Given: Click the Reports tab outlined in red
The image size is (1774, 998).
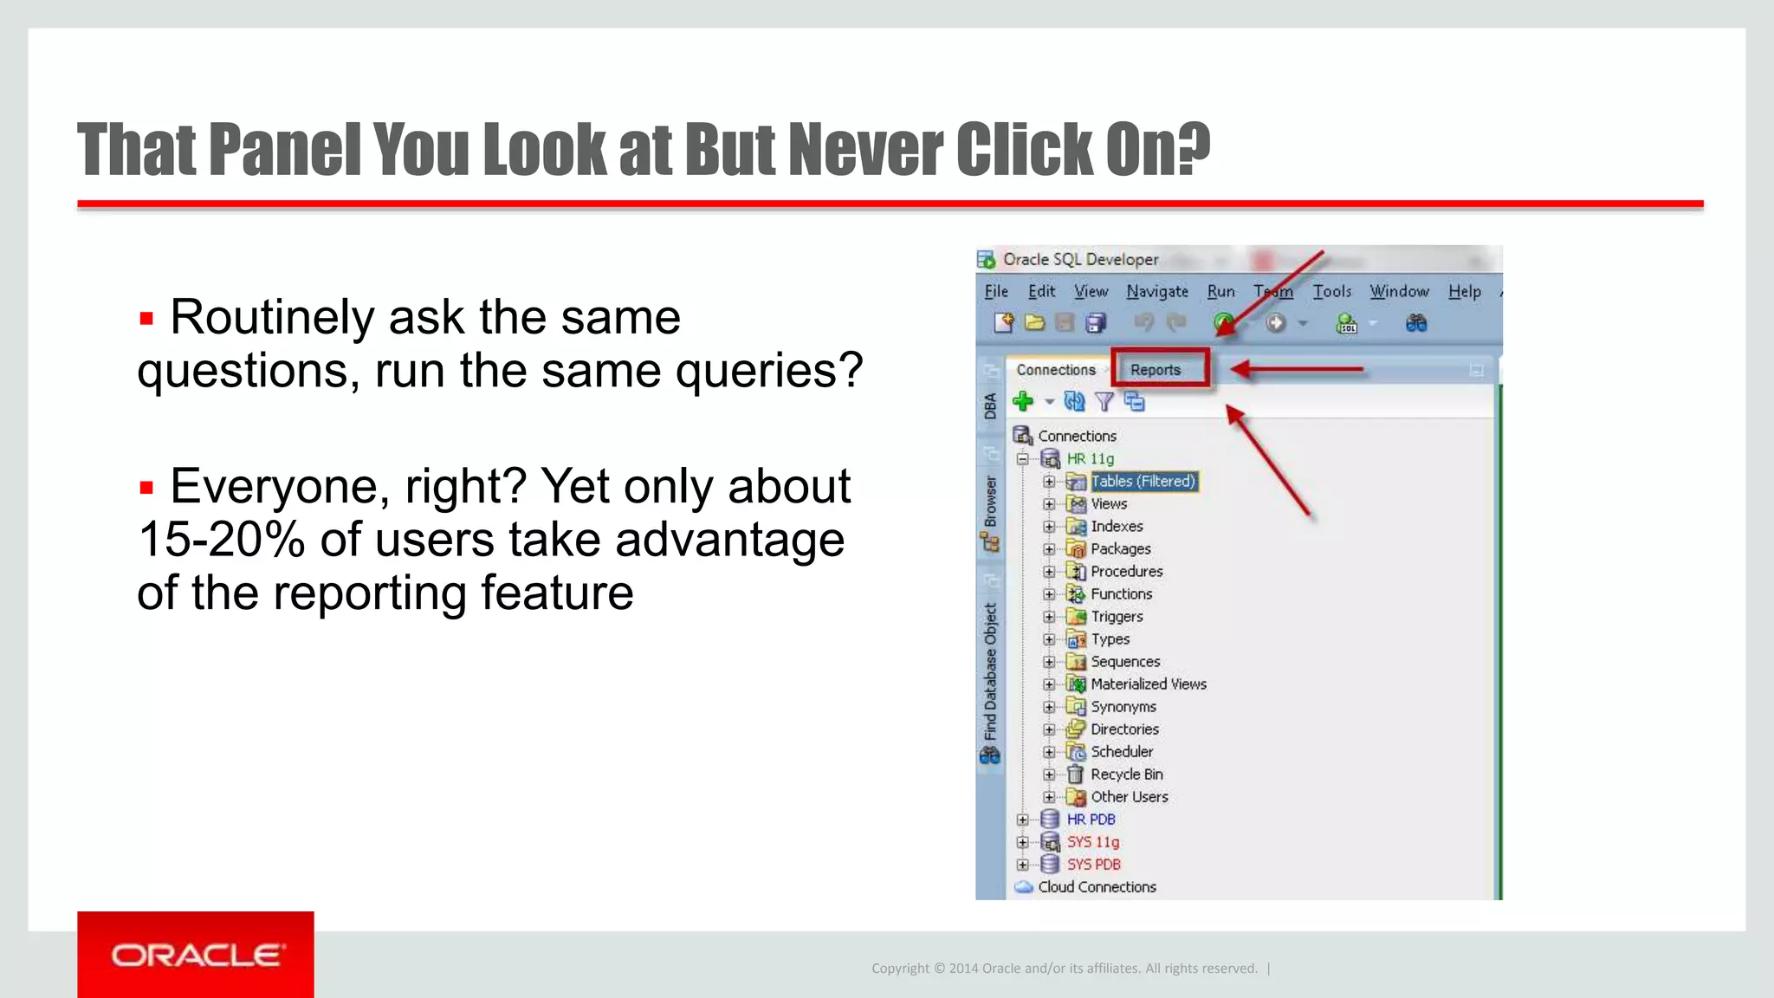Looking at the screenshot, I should tap(1156, 370).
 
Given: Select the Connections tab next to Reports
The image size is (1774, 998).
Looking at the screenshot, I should tap(1055, 370).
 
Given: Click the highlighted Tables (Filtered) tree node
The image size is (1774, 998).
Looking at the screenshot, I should tap(1143, 481).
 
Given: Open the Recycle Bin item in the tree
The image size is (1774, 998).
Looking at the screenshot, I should tap(1126, 774).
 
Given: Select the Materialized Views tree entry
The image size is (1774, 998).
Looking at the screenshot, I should tap(1148, 684).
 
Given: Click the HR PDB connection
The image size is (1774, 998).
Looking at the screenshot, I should tap(1091, 820).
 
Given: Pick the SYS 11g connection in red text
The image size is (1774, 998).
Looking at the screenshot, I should tap(1092, 842).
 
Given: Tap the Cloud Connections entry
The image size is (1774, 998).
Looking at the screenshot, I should tap(1097, 887).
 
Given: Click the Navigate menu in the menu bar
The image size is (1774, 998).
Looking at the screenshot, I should tap(1156, 292).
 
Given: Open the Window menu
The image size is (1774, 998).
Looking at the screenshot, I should tap(1399, 292).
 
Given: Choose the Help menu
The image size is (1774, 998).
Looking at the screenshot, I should tap(1464, 292).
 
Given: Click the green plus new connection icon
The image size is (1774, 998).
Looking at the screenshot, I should tap(1023, 401).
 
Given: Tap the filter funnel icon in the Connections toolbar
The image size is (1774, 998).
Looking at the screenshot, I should tap(1104, 401).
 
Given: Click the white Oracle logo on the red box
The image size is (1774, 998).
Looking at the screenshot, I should tap(197, 956).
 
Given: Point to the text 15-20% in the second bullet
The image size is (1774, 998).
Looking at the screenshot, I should tap(221, 540).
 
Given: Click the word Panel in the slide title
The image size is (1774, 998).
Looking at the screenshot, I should tap(284, 150).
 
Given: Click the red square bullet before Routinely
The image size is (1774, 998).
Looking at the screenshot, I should tap(146, 319).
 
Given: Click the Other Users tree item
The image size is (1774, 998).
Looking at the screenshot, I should tap(1129, 797).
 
